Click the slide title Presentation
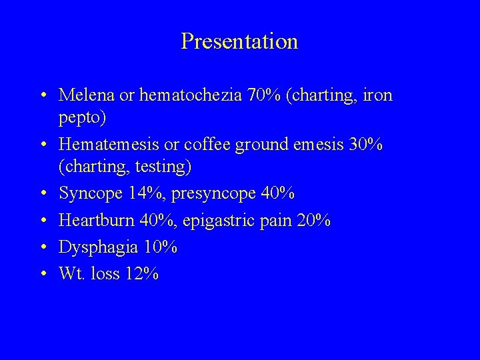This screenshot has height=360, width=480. [x=239, y=42]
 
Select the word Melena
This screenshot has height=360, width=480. [x=85, y=95]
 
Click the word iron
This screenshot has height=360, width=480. [x=377, y=95]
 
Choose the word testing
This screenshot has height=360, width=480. [x=161, y=166]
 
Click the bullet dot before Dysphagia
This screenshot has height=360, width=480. [x=43, y=247]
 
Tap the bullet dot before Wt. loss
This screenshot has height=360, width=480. [x=43, y=273]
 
